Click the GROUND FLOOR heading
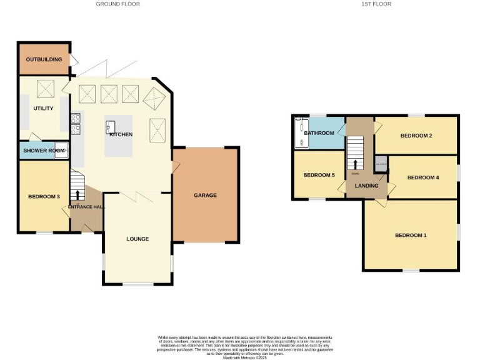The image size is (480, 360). tap(117, 4)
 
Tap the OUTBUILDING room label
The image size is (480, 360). tap(44, 59)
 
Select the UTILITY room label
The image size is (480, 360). tap(44, 108)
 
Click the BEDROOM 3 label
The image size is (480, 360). tap(44, 197)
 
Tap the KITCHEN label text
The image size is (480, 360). tap(121, 135)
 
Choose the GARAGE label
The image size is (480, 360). tap(205, 196)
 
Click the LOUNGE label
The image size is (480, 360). tap(137, 239)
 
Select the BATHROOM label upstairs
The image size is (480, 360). tap(319, 133)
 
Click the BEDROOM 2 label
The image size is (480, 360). tap(417, 136)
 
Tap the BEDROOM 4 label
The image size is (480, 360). tap(423, 177)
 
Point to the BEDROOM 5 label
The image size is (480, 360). tap(319, 175)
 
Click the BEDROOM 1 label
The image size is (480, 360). tap(411, 236)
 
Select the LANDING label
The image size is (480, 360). tap(366, 186)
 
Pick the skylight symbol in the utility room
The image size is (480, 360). tap(46, 87)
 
